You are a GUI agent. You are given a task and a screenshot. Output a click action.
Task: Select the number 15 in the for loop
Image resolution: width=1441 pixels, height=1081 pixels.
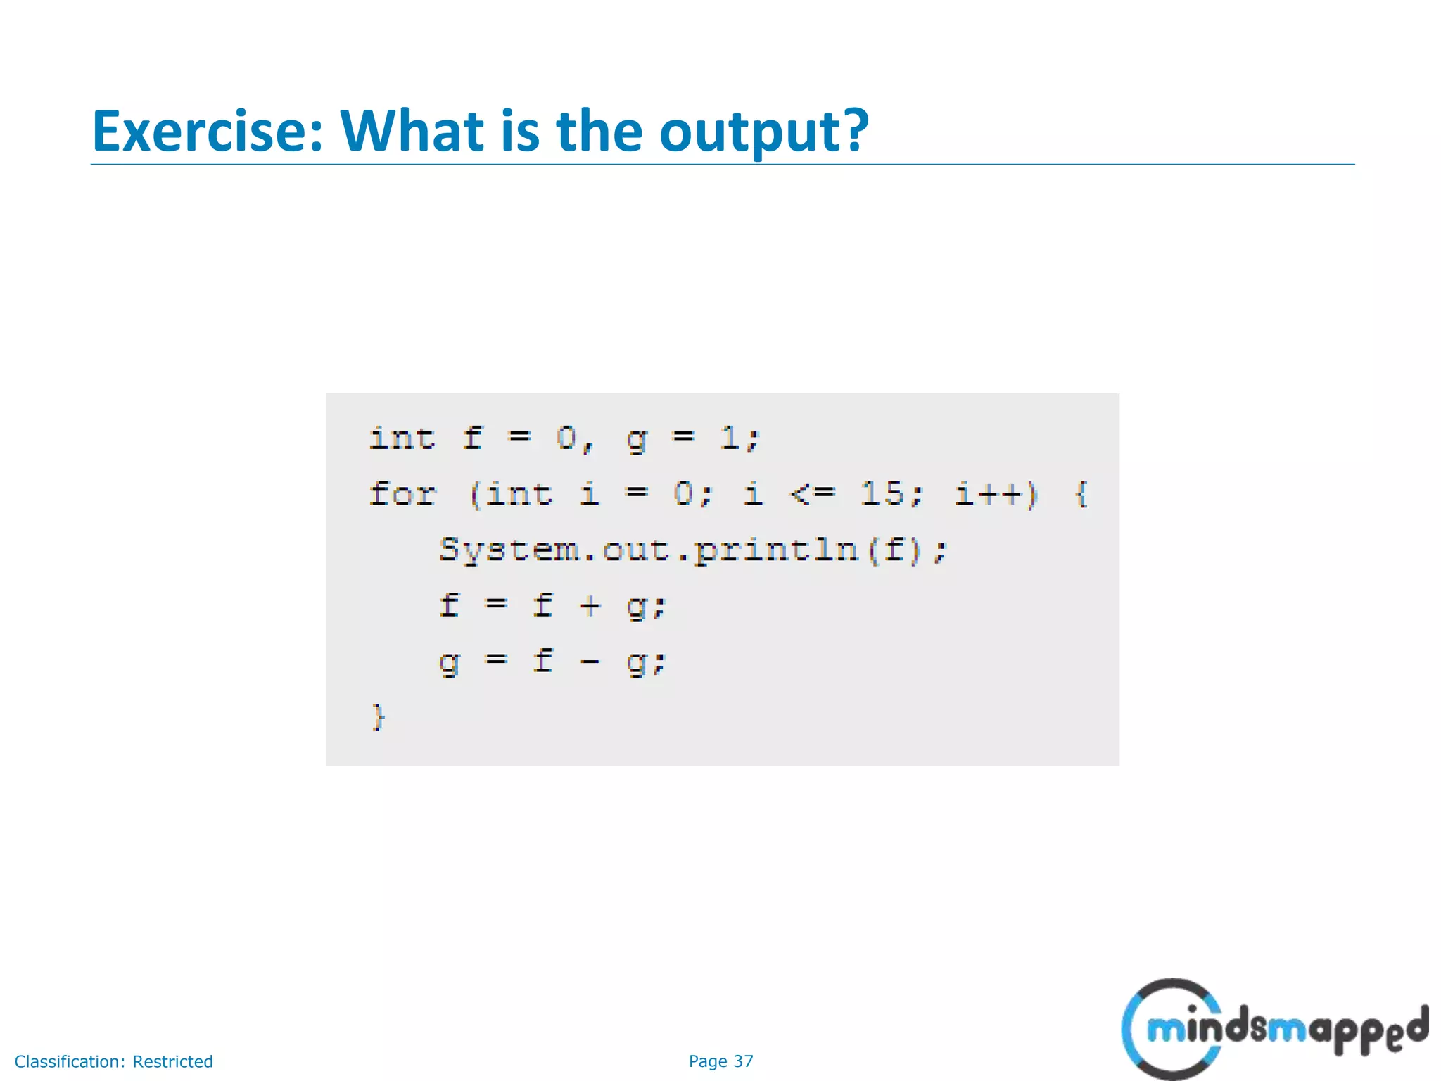(882, 493)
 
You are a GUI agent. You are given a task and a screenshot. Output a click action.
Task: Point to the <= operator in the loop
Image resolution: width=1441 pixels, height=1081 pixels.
(813, 494)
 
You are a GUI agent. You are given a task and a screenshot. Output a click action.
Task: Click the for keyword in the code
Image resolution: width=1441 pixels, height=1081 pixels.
(403, 493)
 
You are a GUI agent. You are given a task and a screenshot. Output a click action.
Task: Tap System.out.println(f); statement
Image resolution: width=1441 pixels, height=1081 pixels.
(693, 550)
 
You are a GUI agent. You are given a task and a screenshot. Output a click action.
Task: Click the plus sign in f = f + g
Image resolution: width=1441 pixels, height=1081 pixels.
(590, 605)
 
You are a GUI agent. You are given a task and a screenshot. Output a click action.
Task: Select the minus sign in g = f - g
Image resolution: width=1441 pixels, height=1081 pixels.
(590, 662)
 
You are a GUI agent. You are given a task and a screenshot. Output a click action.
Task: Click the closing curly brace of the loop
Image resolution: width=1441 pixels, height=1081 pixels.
(379, 717)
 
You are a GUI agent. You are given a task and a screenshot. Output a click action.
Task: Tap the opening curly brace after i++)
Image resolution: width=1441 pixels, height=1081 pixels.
(1082, 493)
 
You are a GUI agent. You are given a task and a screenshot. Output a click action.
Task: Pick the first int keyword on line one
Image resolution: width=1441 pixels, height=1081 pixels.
(402, 438)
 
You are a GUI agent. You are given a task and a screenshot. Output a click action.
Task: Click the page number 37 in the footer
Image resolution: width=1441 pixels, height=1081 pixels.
(743, 1061)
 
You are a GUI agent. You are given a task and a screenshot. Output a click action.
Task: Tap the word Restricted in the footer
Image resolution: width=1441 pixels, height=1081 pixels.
(172, 1061)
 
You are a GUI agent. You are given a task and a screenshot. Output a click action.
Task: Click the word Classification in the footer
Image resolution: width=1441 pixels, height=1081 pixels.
(70, 1061)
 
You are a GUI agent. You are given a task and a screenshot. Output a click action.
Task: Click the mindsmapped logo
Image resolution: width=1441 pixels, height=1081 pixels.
(1274, 1029)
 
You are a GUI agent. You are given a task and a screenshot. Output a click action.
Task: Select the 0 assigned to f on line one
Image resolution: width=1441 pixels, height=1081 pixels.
(566, 438)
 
